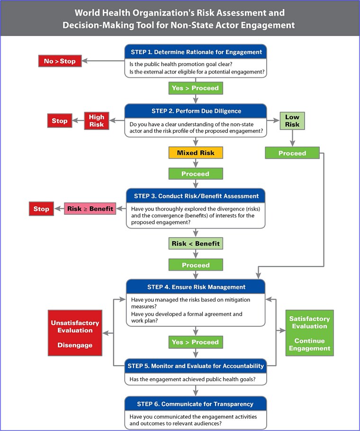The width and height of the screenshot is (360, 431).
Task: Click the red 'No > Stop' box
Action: [x=60, y=61]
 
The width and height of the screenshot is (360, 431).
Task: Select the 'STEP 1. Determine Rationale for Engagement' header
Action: [x=196, y=52]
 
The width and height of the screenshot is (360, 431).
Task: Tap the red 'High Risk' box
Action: [x=96, y=120]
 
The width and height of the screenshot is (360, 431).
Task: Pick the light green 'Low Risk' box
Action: [x=292, y=120]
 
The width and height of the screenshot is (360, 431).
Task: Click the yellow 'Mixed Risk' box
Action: [x=196, y=153]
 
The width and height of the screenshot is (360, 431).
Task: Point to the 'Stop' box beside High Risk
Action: [x=60, y=120]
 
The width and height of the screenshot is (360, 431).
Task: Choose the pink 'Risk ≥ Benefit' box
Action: [x=90, y=209]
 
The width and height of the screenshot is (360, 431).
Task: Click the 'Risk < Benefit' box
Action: [x=196, y=244]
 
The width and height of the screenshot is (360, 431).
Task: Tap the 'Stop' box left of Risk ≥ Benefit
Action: [x=41, y=209]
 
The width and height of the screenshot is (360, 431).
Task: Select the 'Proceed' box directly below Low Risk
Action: [x=292, y=153]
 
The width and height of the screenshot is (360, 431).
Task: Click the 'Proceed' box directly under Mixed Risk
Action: [x=196, y=174]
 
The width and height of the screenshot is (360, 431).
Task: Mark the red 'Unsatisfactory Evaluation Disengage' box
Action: [x=75, y=333]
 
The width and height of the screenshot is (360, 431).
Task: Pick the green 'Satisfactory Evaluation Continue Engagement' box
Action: [x=309, y=333]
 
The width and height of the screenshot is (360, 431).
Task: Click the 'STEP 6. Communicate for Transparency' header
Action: [x=196, y=404]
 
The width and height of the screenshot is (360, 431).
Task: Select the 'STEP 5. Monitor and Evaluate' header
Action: [x=196, y=366]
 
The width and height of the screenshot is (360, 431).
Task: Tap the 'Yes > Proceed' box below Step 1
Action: [x=196, y=88]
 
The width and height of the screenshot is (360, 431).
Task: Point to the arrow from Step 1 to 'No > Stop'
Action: [x=103, y=61]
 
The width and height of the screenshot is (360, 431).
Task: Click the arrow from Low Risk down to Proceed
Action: [x=292, y=138]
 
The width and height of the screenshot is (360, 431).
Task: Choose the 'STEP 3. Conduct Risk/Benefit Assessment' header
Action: [x=196, y=196]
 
